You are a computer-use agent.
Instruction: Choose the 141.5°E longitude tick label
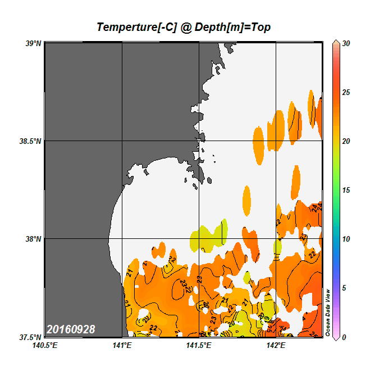click(199, 345)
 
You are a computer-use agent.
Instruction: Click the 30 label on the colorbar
click(346, 43)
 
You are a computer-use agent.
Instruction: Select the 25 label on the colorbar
click(346, 92)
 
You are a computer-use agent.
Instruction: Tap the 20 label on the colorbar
click(346, 141)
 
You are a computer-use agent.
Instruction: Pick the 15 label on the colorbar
click(346, 190)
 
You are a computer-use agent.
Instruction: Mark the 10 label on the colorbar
click(346, 239)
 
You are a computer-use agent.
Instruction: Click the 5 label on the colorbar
click(344, 288)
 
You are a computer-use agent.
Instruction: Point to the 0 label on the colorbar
click(344, 337)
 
